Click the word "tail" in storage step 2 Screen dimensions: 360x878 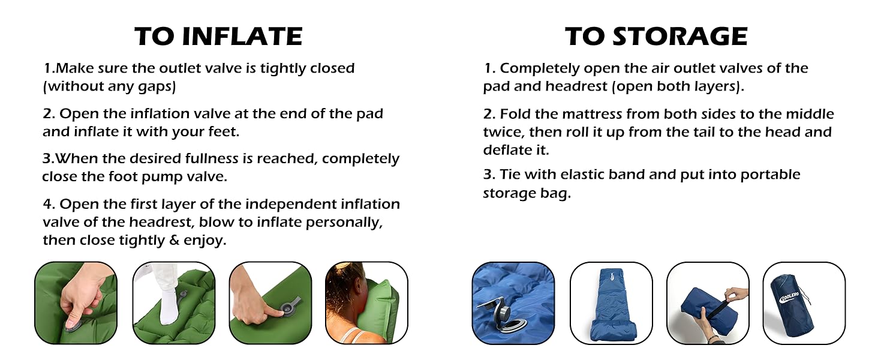click(x=697, y=132)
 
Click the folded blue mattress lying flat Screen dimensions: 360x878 click(x=611, y=306)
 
